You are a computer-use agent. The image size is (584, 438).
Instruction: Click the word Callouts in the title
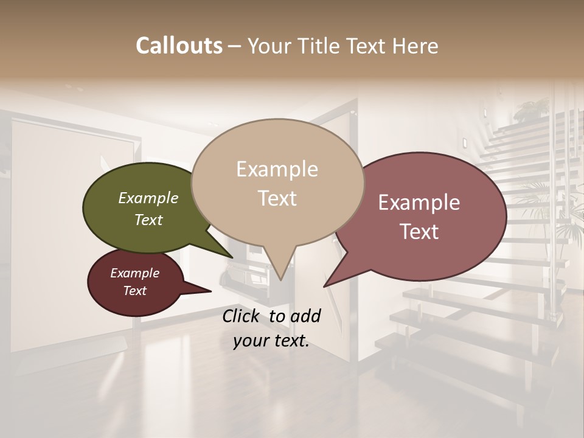point(179,46)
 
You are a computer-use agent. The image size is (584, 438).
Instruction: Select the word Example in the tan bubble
point(277,169)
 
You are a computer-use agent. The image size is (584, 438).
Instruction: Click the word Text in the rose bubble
point(419,232)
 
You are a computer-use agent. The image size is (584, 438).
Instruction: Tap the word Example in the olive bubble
point(148,198)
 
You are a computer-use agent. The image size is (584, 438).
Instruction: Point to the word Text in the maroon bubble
point(135,291)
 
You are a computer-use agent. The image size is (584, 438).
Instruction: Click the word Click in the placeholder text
point(242,316)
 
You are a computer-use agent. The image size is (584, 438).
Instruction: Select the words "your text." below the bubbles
point(271,341)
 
